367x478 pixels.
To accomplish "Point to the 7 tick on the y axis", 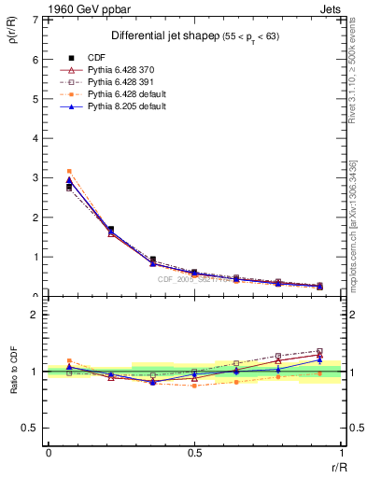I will [x=36, y=20].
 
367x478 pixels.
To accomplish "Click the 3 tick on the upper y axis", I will [x=36, y=177].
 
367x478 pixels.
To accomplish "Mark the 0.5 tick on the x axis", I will [x=194, y=452].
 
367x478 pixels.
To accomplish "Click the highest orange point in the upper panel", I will [x=69, y=171].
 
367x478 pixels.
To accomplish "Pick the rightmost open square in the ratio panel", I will [x=319, y=351].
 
